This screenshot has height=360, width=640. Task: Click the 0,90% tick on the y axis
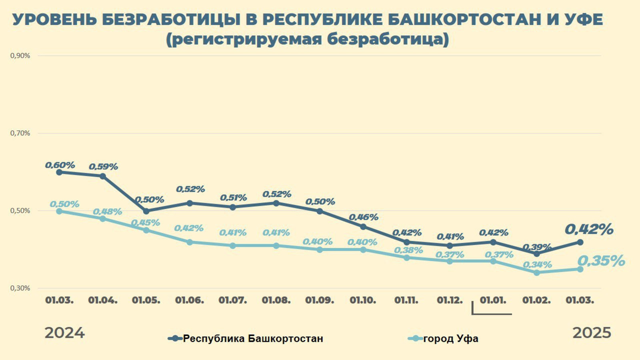(x=20, y=56)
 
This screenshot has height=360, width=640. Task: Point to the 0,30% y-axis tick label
(x=20, y=288)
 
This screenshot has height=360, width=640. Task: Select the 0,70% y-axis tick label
(x=20, y=133)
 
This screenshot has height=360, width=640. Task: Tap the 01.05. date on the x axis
(x=146, y=300)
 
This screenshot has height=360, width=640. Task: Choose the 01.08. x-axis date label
(x=276, y=300)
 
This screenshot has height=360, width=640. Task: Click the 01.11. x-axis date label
(x=406, y=300)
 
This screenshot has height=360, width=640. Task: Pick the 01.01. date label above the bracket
(x=493, y=300)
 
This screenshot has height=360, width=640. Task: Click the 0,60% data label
(x=60, y=165)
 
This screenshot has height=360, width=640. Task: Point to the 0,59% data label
(x=103, y=166)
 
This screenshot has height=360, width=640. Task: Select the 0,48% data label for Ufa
(x=107, y=212)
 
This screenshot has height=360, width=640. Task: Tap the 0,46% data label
(x=363, y=217)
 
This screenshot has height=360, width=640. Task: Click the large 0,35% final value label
(x=601, y=261)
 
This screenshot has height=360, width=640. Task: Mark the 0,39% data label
(x=537, y=247)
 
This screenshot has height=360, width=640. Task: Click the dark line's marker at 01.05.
(x=146, y=211)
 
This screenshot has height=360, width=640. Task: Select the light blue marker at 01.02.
(x=537, y=272)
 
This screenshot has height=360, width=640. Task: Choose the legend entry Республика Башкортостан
(x=253, y=339)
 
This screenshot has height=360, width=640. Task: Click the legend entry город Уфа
(x=450, y=339)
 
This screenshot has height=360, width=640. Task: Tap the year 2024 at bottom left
(x=64, y=333)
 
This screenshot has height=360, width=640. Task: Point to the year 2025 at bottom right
(x=592, y=333)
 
